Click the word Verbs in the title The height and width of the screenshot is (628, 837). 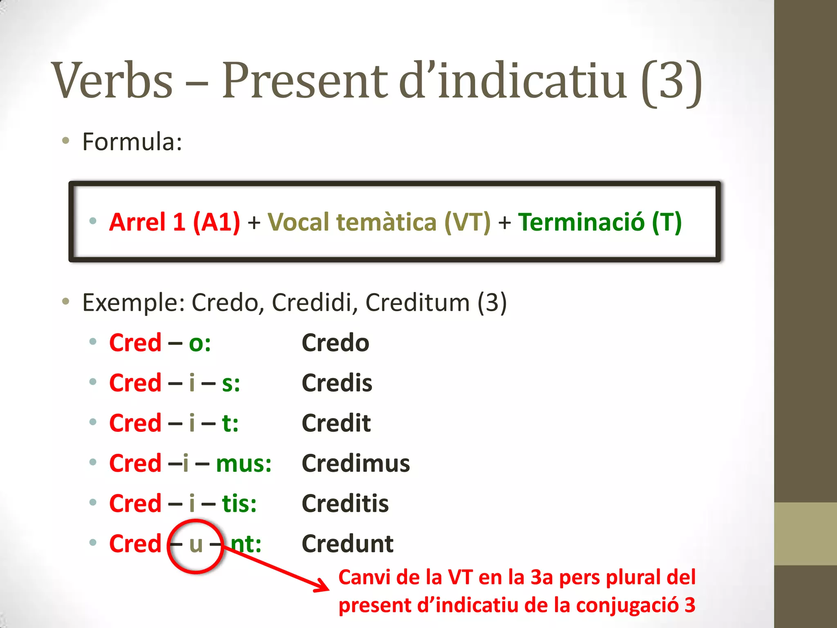(113, 80)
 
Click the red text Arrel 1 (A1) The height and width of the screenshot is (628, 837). (175, 222)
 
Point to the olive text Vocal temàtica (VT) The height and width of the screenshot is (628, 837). (379, 222)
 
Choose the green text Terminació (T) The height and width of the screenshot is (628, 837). (600, 222)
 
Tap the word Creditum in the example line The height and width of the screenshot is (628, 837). (417, 303)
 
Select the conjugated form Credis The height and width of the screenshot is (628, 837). (337, 383)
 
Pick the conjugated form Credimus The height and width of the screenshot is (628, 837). (356, 464)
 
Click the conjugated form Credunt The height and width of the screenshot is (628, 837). (347, 544)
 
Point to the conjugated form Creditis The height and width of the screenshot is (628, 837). (345, 504)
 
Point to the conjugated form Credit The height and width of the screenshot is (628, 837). (336, 423)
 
